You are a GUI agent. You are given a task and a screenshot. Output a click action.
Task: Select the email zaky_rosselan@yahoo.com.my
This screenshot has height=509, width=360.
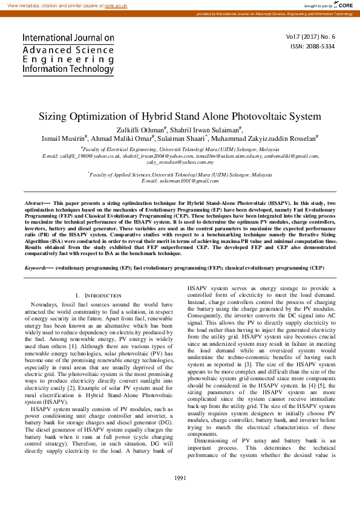pyautogui.click(x=180, y=162)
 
